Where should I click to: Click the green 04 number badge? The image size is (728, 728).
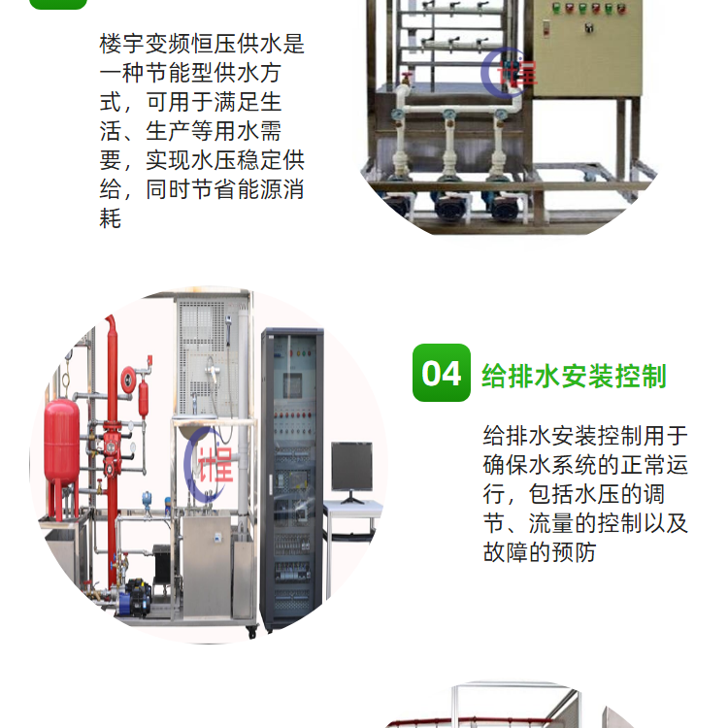click(441, 373)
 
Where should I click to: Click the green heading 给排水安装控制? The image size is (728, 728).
click(574, 376)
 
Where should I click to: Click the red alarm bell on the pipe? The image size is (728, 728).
click(128, 379)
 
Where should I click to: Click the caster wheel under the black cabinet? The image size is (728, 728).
click(251, 632)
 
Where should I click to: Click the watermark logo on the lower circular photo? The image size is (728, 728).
click(209, 464)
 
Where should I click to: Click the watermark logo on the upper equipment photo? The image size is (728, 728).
click(509, 72)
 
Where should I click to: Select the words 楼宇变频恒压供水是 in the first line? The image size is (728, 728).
click(202, 44)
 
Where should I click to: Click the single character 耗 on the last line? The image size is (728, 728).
click(110, 218)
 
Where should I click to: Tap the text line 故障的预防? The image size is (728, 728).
click(540, 552)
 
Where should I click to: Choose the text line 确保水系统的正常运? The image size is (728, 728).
click(585, 465)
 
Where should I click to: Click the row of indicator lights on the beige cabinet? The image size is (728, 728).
click(589, 8)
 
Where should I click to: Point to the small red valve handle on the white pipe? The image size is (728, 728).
click(408, 77)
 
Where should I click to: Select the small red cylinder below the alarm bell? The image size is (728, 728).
click(144, 398)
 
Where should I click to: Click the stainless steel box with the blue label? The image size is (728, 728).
click(207, 567)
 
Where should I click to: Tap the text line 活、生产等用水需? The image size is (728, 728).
click(190, 131)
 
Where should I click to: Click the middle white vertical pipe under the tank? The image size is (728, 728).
click(449, 144)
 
